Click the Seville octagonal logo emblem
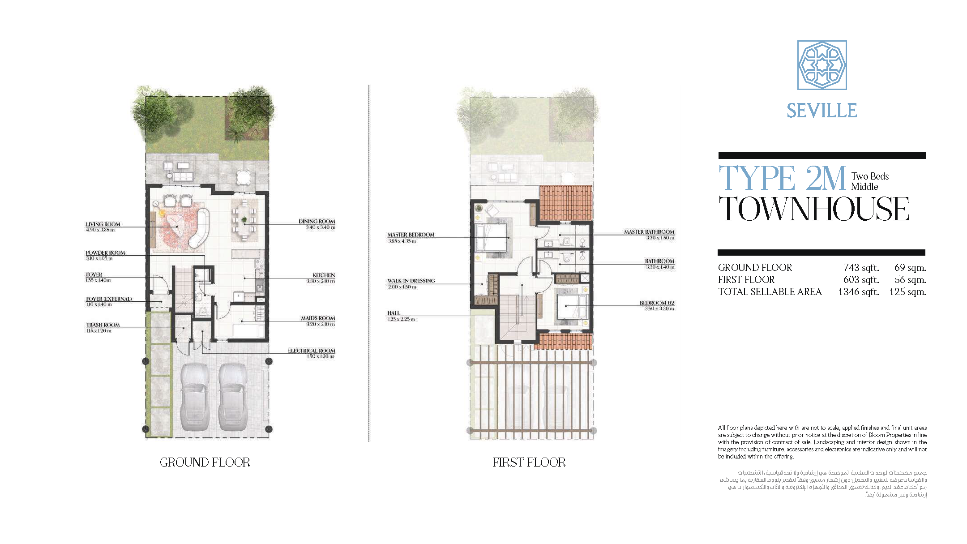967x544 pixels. (822, 65)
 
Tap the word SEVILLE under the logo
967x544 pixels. (822, 111)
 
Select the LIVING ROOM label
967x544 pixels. (103, 224)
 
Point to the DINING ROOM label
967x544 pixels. (317, 221)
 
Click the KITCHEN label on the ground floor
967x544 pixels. (324, 275)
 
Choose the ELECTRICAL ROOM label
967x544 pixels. (311, 351)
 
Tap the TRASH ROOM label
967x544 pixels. (103, 325)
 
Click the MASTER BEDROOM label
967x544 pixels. (411, 235)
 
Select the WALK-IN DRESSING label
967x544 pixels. (411, 281)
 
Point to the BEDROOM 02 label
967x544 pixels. (657, 303)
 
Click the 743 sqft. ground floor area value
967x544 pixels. (861, 268)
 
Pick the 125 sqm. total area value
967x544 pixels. (907, 292)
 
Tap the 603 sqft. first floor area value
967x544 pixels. (861, 280)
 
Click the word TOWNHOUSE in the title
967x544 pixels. (813, 209)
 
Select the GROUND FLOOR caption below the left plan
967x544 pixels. (205, 462)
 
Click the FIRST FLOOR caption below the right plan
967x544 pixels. (529, 462)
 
